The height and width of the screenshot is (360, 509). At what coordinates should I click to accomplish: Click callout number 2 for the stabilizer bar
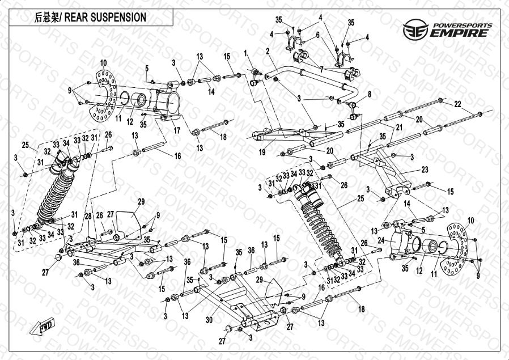(x=267, y=52)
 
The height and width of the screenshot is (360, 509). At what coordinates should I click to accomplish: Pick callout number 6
(x=318, y=35)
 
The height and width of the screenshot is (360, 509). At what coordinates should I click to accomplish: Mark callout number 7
(x=321, y=68)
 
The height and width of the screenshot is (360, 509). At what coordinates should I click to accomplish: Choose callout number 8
(x=370, y=94)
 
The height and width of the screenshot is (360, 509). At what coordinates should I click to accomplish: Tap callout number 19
(x=262, y=153)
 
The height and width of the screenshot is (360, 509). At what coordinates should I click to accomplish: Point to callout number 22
(x=457, y=103)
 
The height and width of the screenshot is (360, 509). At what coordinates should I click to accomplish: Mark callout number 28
(x=88, y=217)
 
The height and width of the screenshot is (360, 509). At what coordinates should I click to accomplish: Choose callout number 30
(x=210, y=320)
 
